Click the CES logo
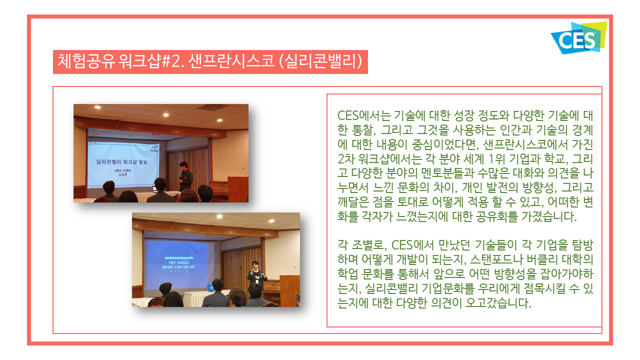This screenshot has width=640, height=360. [578, 38]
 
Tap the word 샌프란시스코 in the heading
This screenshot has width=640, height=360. [231, 61]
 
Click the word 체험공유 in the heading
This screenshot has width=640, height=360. [86, 61]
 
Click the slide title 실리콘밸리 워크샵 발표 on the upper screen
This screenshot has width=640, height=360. [121, 162]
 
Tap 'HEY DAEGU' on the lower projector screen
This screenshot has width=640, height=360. [179, 262]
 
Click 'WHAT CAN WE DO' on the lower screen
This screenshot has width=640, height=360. [178, 267]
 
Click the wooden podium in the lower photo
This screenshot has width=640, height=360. [289, 290]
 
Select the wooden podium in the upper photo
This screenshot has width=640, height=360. [237, 189]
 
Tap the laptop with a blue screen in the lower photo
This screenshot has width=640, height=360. [210, 288]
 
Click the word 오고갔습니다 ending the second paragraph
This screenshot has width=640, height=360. [498, 303]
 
